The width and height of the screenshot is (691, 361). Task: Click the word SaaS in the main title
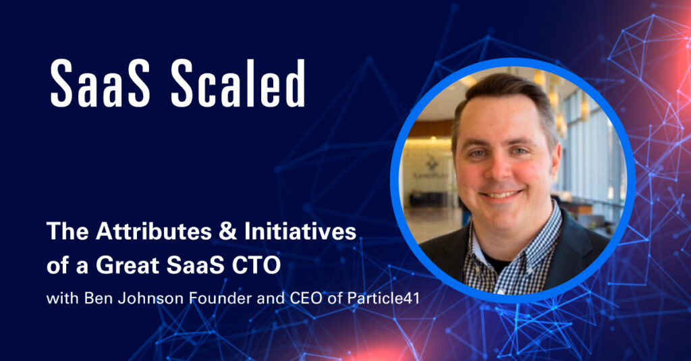(100, 83)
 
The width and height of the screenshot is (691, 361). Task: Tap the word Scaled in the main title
(238, 83)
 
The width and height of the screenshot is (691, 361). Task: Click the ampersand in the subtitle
(228, 231)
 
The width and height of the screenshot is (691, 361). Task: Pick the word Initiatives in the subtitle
(300, 231)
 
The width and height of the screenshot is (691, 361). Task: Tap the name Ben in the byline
(96, 298)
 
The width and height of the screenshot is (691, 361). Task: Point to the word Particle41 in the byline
(383, 298)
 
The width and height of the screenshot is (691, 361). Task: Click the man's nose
(500, 169)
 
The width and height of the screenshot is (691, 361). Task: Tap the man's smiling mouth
(501, 194)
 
